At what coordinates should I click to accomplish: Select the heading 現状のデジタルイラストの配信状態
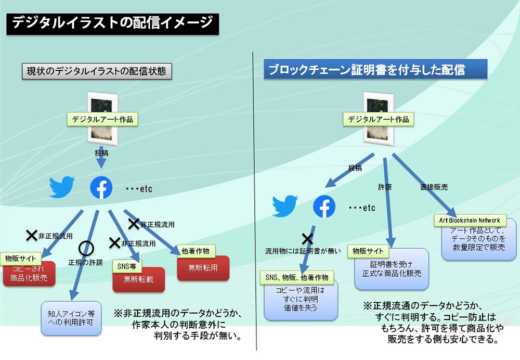click(97, 71)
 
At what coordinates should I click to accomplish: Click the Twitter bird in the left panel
click(62, 188)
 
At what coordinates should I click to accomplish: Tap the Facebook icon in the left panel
click(101, 188)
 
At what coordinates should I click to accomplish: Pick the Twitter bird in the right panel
click(285, 206)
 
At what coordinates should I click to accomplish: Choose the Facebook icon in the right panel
click(324, 207)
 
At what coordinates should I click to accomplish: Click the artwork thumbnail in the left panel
click(101, 119)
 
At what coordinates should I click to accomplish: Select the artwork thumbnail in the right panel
click(378, 119)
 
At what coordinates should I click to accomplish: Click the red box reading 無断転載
click(139, 279)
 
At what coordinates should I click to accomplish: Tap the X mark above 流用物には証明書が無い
click(307, 239)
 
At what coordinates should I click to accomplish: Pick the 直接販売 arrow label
click(434, 186)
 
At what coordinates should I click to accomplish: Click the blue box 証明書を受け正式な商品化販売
click(392, 268)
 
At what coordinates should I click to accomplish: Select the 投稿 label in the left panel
click(101, 153)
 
